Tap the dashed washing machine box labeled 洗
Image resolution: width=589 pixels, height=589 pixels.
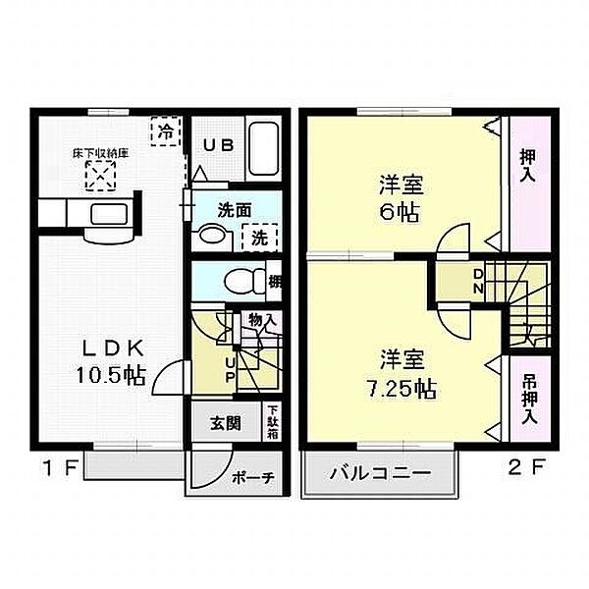[x=260, y=236]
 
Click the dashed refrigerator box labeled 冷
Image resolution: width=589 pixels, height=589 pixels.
[x=168, y=130]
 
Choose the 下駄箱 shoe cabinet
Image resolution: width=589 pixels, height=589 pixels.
[x=272, y=422]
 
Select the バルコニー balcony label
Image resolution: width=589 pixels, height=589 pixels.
[x=380, y=473]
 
